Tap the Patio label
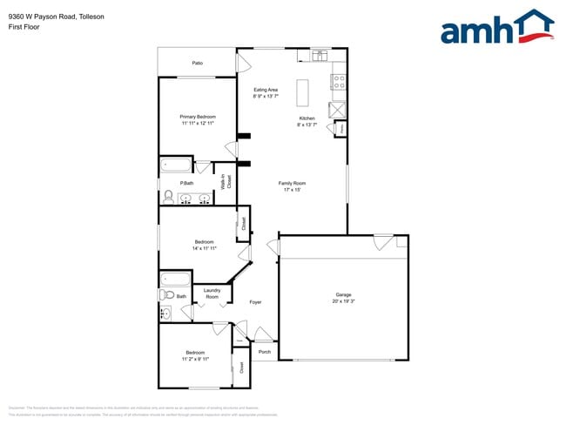(198, 63)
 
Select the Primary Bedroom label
(198, 117)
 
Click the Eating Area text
(266, 90)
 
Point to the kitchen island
(302, 92)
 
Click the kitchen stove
(338, 84)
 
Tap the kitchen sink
(319, 57)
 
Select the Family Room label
(292, 183)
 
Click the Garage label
(343, 294)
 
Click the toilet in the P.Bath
(169, 197)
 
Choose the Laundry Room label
(212, 293)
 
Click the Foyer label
(255, 302)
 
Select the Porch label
(265, 352)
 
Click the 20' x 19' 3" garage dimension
(343, 301)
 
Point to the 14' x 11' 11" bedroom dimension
(204, 248)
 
